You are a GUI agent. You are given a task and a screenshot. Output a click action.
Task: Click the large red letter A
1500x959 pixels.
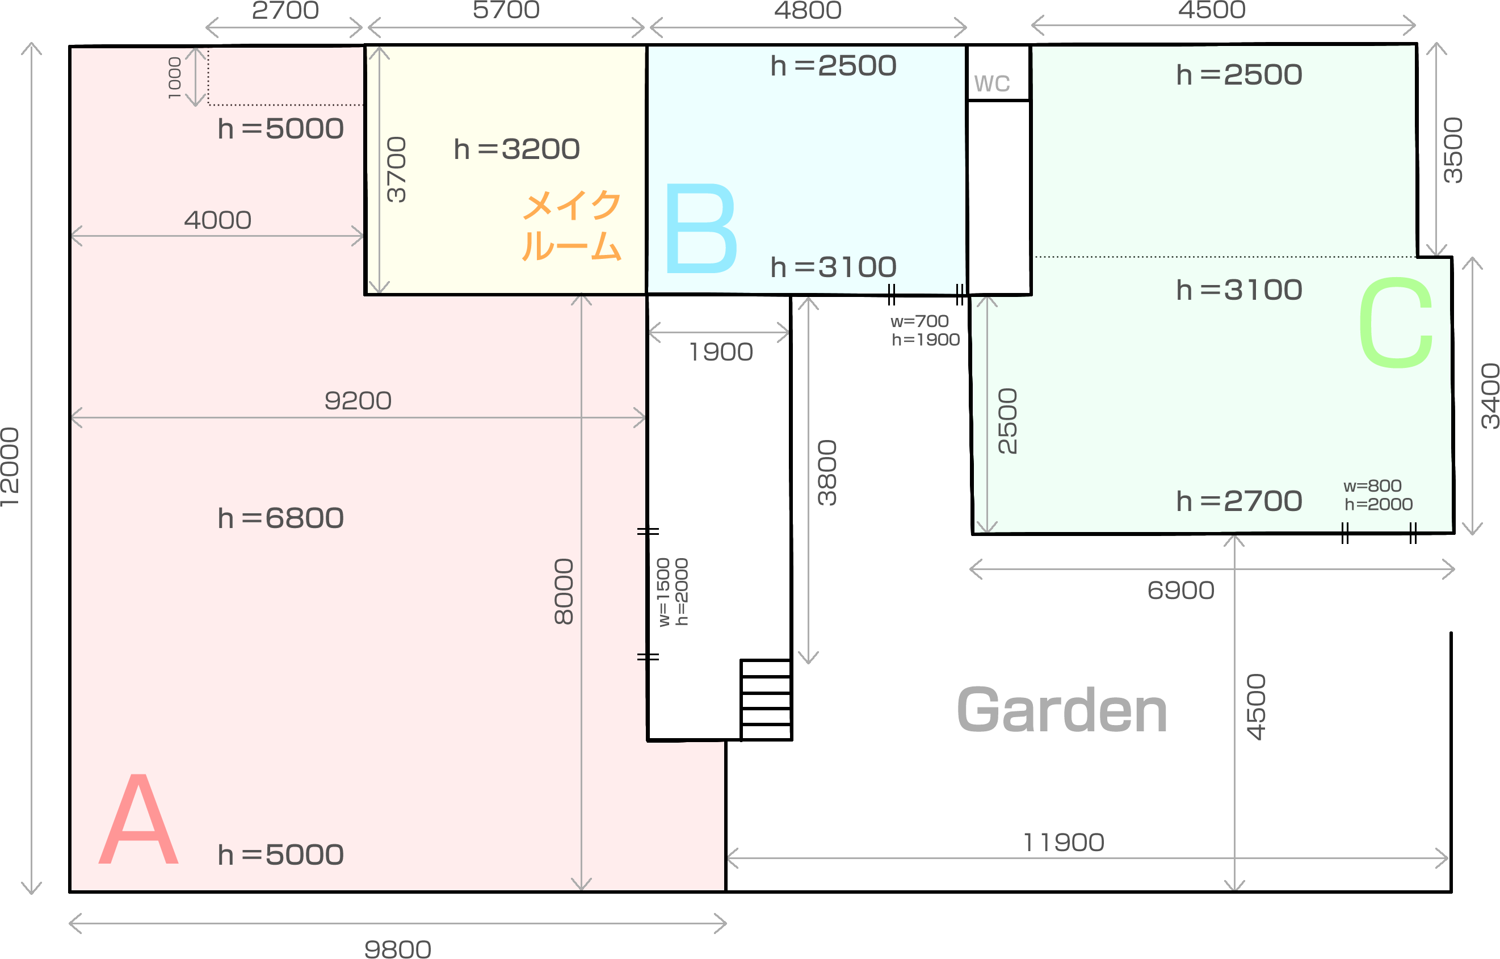point(138,819)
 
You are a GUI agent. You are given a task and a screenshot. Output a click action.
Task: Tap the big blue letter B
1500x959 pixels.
point(701,228)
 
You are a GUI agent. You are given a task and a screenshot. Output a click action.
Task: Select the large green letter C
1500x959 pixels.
point(1396,322)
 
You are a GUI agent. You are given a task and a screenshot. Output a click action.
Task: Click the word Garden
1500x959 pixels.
point(1061,710)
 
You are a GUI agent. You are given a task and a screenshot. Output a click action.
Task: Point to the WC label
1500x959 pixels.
point(991,83)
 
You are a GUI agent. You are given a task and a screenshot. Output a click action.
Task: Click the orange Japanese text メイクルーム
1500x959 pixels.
point(571,225)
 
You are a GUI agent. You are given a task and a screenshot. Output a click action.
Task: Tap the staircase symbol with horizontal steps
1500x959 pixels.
point(766,700)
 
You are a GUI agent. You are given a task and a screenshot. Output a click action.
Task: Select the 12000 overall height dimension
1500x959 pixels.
point(10,467)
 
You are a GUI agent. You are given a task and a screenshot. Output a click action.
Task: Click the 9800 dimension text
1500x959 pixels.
point(397,949)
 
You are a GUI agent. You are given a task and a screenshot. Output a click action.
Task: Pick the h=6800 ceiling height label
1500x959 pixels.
point(280,518)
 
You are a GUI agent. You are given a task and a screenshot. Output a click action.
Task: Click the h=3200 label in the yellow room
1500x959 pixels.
point(516,149)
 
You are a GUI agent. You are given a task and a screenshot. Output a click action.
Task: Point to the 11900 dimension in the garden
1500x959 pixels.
point(1064,843)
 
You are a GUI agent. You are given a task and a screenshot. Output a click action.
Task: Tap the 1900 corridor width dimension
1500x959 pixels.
point(721,352)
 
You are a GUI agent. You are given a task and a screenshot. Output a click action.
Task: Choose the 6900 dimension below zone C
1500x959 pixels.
point(1181,590)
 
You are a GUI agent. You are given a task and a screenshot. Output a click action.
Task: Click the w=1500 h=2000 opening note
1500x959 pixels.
point(673,592)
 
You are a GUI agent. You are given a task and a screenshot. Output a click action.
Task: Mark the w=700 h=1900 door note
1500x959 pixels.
point(925,330)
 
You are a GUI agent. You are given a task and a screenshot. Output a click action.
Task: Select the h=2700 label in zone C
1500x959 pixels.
point(1239,501)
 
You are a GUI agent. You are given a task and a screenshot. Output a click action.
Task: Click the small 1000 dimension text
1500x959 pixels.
point(175,78)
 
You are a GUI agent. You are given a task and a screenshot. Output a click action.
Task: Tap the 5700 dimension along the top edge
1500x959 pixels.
point(506,10)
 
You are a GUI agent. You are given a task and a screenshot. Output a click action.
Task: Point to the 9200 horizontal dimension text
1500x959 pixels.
point(358,401)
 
